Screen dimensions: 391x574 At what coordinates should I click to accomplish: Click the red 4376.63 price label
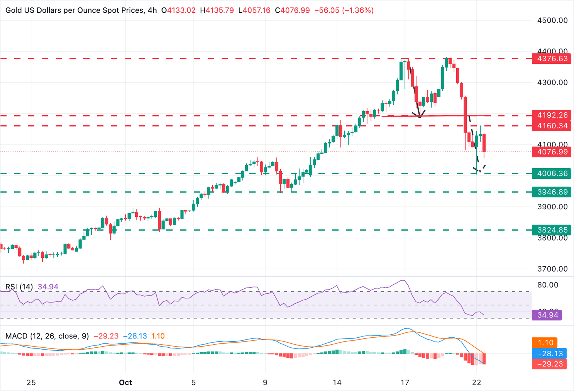coord(552,59)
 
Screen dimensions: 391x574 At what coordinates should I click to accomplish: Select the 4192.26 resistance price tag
coord(552,115)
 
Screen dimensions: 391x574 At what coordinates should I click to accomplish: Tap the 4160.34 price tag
coord(552,126)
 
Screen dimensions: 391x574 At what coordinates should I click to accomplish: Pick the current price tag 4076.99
coord(552,152)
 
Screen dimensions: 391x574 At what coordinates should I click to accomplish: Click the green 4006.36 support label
coord(552,173)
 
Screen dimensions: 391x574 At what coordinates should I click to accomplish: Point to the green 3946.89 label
coord(552,192)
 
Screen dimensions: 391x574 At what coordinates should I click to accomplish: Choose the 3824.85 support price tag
coord(552,230)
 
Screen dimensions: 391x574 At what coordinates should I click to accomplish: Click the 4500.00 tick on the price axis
coord(552,20)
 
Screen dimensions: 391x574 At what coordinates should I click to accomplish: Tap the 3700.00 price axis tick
coord(552,269)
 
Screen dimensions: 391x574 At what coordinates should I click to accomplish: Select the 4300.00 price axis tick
coord(552,82)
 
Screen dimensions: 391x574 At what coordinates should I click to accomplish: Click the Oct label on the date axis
coord(126,382)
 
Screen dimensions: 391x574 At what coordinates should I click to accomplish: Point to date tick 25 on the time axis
coord(31,382)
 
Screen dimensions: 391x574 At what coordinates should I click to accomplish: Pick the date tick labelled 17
coord(405,382)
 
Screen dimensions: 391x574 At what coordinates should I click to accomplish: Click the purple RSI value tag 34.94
coord(547,315)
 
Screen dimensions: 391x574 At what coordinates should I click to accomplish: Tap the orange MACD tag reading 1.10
coord(545,342)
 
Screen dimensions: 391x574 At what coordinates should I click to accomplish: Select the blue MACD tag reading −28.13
coord(549,353)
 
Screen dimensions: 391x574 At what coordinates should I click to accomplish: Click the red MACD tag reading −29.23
coord(549,364)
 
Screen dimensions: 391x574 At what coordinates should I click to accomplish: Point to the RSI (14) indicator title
coord(19,287)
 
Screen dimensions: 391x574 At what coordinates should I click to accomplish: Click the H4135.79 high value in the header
coord(217,10)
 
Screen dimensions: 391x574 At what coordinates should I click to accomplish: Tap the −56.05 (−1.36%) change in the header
coord(344,10)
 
